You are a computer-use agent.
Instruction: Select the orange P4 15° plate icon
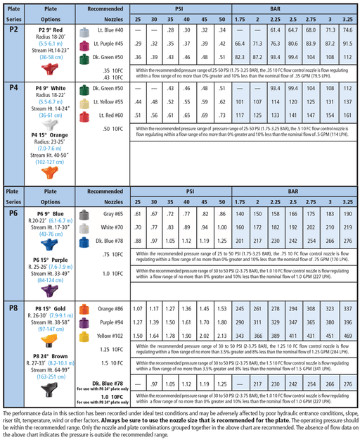[x=49, y=171]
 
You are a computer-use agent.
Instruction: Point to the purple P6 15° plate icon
[x=48, y=289]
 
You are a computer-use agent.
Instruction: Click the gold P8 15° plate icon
[x=49, y=340]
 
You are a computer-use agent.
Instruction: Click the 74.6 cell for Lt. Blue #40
[x=347, y=32]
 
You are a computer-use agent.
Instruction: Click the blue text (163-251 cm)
[x=48, y=376]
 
